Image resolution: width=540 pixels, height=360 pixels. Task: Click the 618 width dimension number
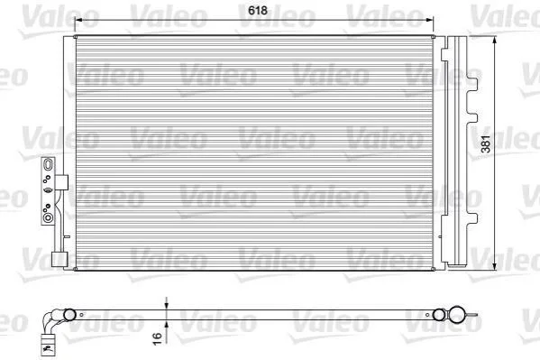(x=258, y=10)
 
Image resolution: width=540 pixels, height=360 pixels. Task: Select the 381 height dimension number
(x=486, y=143)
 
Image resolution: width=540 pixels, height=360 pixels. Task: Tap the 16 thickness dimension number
(x=157, y=338)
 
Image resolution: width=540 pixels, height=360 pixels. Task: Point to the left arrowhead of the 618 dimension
(x=78, y=20)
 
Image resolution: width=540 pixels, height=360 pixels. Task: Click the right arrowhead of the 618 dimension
(x=430, y=20)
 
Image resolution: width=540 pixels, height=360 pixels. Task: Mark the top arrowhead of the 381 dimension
(x=495, y=41)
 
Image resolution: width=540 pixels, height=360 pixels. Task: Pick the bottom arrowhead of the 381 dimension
(x=495, y=266)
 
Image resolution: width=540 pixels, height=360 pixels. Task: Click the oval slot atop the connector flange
(x=48, y=164)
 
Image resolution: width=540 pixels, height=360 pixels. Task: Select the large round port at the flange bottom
(x=48, y=218)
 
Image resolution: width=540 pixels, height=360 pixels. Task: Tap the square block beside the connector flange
(x=61, y=182)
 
